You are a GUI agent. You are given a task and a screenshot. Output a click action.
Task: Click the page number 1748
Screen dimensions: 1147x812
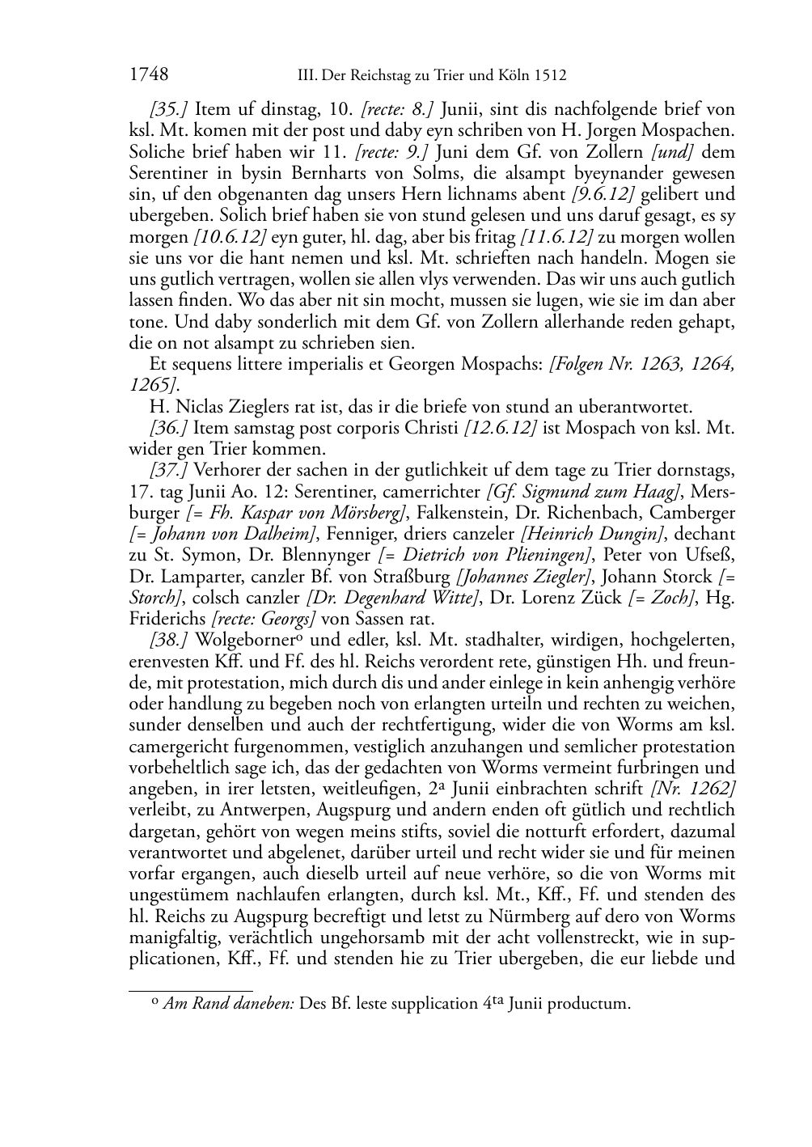pyautogui.click(x=148, y=75)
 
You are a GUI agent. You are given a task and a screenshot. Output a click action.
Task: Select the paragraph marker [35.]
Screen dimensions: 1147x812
pyautogui.click(x=168, y=108)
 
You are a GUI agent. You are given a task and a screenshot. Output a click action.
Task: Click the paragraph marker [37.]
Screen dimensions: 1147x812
pyautogui.click(x=168, y=470)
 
